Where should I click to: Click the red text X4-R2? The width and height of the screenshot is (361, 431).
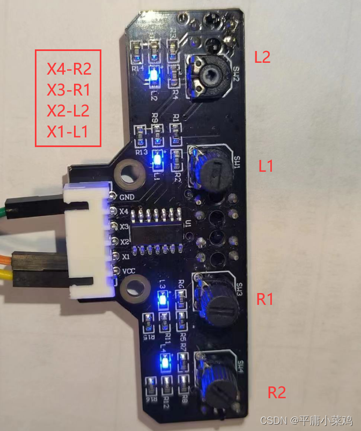pyautogui.click(x=69, y=69)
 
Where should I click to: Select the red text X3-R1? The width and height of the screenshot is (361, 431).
pyautogui.click(x=69, y=90)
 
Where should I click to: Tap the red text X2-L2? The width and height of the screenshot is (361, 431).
pyautogui.click(x=68, y=111)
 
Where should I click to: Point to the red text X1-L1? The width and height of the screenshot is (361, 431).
pyautogui.click(x=68, y=132)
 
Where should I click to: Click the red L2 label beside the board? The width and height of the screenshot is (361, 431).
pyautogui.click(x=262, y=57)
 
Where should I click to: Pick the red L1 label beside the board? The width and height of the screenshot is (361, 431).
pyautogui.click(x=266, y=166)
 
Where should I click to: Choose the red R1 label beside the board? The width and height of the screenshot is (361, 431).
pyautogui.click(x=265, y=299)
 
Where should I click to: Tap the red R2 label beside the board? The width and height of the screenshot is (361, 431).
pyautogui.click(x=277, y=393)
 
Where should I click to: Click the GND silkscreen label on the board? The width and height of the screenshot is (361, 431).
pyautogui.click(x=127, y=198)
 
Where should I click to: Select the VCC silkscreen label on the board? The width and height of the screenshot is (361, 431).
pyautogui.click(x=128, y=271)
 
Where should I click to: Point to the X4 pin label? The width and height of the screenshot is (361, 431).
pyautogui.click(x=124, y=212)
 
